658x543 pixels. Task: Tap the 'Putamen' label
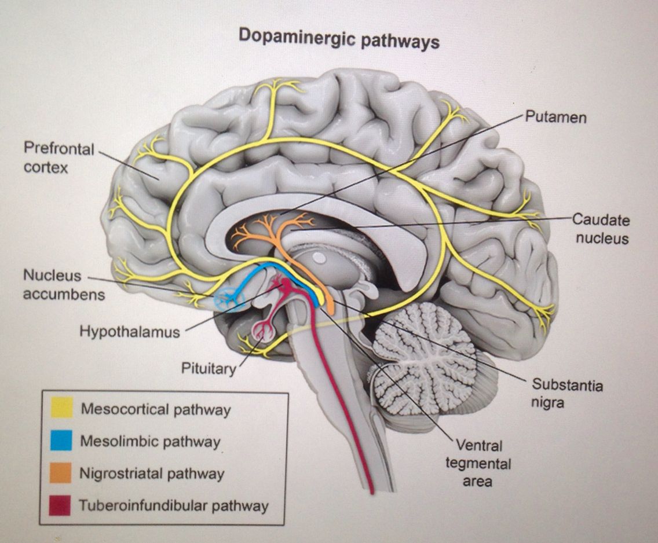click(555, 117)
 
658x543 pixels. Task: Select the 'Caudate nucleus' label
click(601, 229)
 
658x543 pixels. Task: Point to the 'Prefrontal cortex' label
click(58, 157)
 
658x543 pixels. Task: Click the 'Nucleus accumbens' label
click(63, 284)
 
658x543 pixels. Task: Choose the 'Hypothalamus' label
click(129, 332)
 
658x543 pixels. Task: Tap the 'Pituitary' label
click(209, 369)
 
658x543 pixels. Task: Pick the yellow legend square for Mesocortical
click(60, 408)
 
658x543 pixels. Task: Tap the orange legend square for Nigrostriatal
click(60, 473)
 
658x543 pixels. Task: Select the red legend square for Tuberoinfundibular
click(60, 505)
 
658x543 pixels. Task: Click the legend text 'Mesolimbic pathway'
click(150, 442)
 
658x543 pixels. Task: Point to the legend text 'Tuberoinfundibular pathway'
click(174, 506)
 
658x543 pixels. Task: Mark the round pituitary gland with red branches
click(265, 331)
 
